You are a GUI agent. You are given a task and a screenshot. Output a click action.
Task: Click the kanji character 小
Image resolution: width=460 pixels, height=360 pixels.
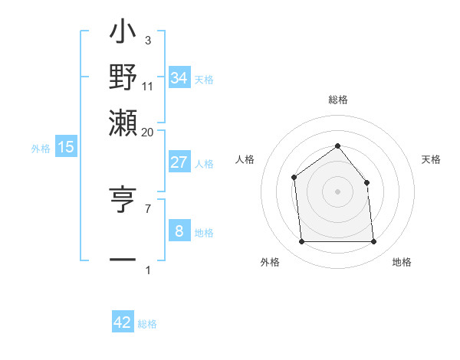(x=123, y=34)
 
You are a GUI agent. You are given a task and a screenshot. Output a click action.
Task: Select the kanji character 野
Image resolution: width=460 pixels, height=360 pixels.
(x=123, y=78)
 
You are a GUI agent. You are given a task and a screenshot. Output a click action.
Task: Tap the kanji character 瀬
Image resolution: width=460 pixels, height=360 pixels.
(x=123, y=121)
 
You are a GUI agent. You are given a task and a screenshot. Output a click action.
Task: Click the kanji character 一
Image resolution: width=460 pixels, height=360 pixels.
(x=123, y=259)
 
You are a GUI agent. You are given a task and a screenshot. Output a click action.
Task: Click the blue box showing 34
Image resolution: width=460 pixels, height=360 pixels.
(x=179, y=77)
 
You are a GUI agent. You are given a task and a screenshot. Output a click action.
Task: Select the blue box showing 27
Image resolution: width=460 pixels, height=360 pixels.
(x=179, y=162)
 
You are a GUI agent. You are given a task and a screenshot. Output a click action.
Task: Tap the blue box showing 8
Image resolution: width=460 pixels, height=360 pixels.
(x=179, y=231)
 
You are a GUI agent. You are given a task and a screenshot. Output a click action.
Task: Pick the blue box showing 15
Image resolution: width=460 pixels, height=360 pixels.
(x=65, y=148)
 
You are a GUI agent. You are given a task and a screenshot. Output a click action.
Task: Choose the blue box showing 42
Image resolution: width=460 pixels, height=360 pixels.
(x=123, y=322)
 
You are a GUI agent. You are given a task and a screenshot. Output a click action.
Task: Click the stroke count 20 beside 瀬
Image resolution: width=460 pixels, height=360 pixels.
(x=147, y=132)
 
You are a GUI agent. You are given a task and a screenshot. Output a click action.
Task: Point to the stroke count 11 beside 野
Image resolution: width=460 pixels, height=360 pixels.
(x=148, y=88)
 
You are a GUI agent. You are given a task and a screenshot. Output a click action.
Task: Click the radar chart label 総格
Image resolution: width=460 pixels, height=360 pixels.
(x=337, y=100)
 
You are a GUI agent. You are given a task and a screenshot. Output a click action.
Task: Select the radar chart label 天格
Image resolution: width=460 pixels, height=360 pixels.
(x=431, y=159)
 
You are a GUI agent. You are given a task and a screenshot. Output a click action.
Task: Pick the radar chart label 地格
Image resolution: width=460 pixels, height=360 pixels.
(x=402, y=263)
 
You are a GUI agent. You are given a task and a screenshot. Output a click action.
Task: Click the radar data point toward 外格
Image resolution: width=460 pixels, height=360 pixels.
(x=301, y=242)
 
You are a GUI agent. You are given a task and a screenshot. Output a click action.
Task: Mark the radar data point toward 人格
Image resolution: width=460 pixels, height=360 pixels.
(x=294, y=178)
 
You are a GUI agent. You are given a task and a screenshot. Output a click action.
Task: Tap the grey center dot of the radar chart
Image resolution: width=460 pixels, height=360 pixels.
(x=337, y=191)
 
